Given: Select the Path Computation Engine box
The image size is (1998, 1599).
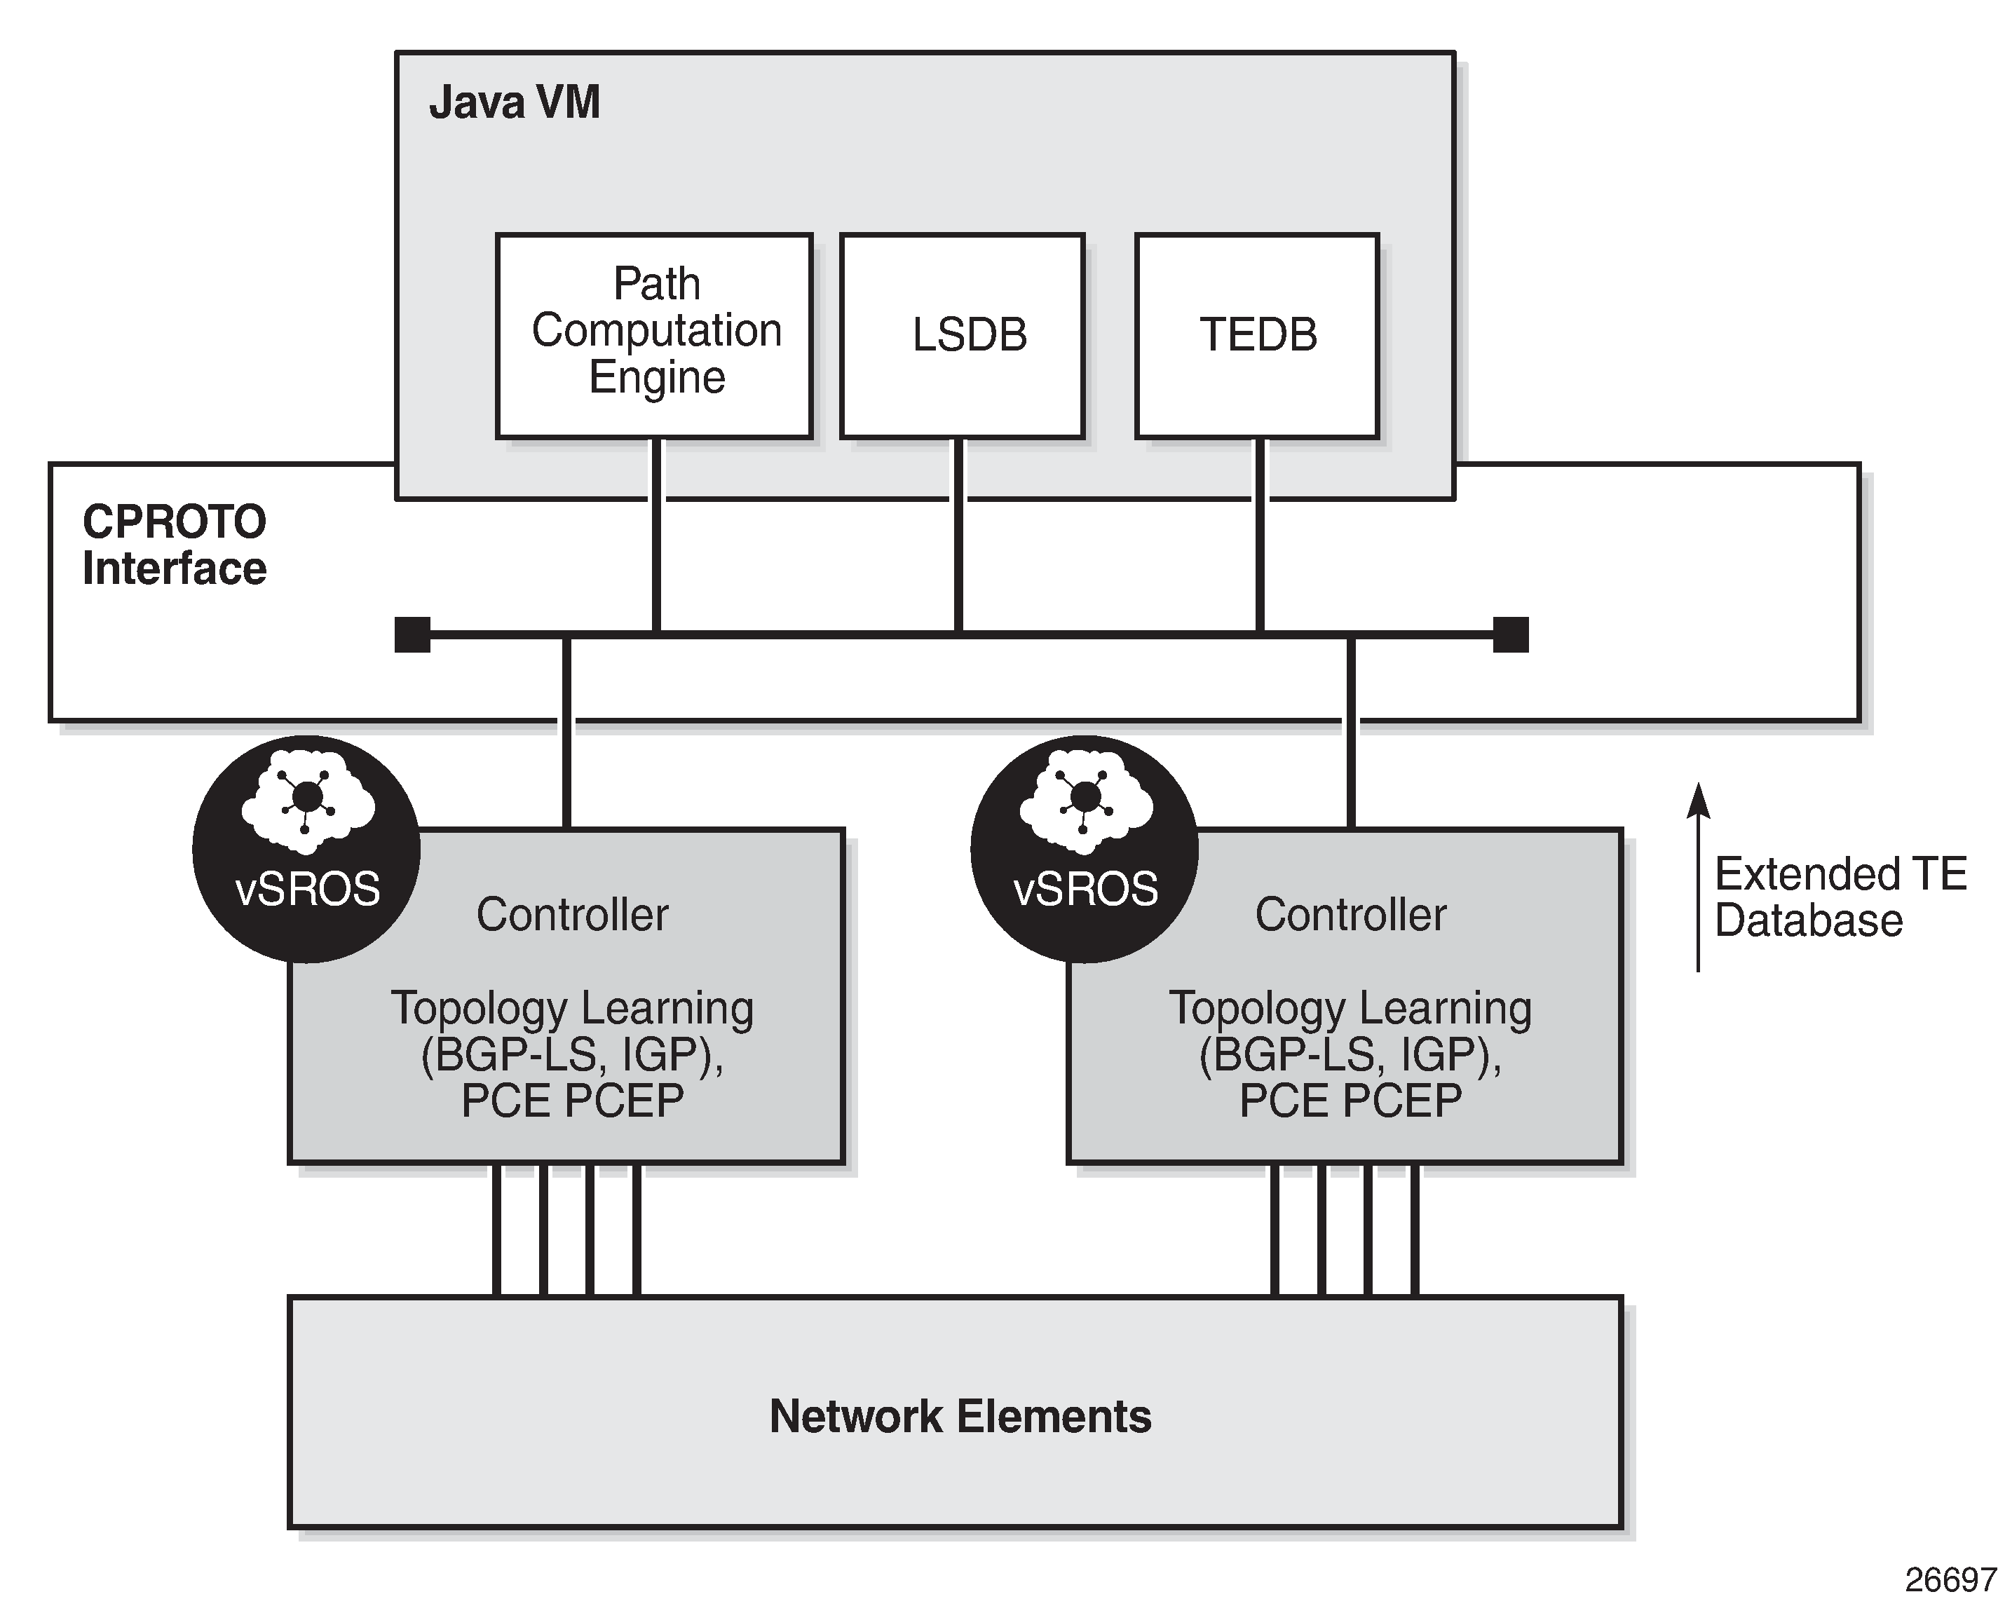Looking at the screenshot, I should point(654,334).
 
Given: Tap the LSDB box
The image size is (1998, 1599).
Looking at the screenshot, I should point(962,334).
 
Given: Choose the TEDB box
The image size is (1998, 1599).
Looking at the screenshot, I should point(1256,334).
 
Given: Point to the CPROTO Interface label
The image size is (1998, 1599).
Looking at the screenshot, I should point(175,545).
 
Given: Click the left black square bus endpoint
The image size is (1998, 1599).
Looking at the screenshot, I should point(412,634).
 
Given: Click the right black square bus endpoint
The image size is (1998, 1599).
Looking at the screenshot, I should point(1511,634).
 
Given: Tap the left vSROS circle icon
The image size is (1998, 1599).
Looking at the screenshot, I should point(307,849).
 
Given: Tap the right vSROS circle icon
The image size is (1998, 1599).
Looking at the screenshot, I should point(1085,849).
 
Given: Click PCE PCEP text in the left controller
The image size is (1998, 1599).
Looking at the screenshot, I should point(572,1101).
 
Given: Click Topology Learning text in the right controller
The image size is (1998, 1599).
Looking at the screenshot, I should point(1350,1008).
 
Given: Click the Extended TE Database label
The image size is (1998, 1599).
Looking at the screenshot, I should point(1840,897).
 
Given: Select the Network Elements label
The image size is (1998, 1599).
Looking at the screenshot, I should point(960,1415).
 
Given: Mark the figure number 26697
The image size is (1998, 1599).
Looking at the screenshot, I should point(1950,1579).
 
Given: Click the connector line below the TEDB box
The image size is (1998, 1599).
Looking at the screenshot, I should point(1259,538).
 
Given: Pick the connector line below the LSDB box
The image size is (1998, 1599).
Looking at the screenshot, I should point(958,538).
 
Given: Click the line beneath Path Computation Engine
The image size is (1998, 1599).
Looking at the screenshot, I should point(656,538).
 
